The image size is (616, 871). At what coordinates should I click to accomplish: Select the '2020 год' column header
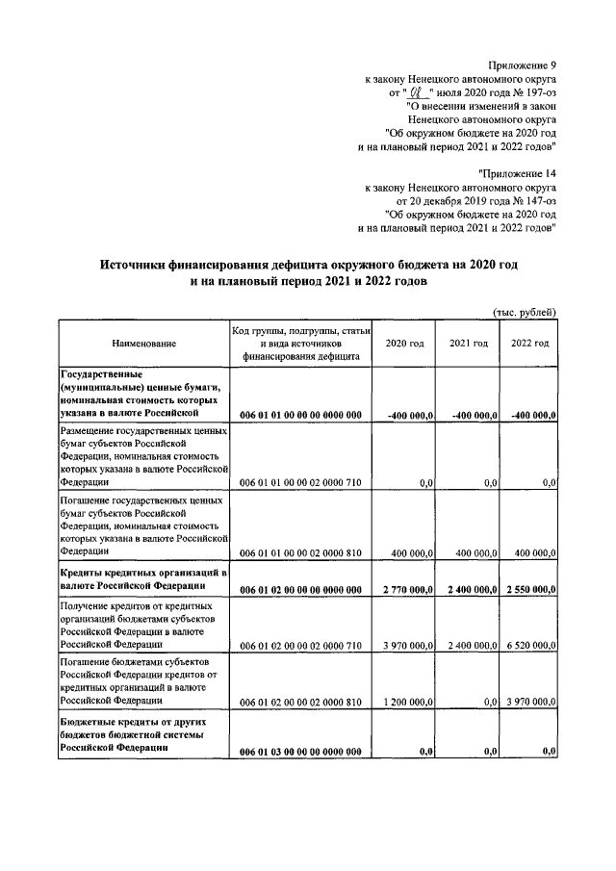404,343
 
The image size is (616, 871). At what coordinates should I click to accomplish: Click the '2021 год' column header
468,343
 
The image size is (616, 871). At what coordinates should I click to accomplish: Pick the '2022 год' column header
529,343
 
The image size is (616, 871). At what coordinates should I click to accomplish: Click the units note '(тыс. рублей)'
526,312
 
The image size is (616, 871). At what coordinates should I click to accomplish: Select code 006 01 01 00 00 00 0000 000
300,415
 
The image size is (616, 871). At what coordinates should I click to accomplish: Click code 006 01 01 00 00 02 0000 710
300,482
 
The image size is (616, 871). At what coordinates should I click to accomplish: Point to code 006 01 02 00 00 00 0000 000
300,588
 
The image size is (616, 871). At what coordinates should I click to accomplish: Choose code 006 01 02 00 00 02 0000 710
300,645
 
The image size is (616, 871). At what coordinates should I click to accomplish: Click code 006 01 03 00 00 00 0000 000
300,751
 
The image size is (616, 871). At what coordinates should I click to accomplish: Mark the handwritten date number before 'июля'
417,93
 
